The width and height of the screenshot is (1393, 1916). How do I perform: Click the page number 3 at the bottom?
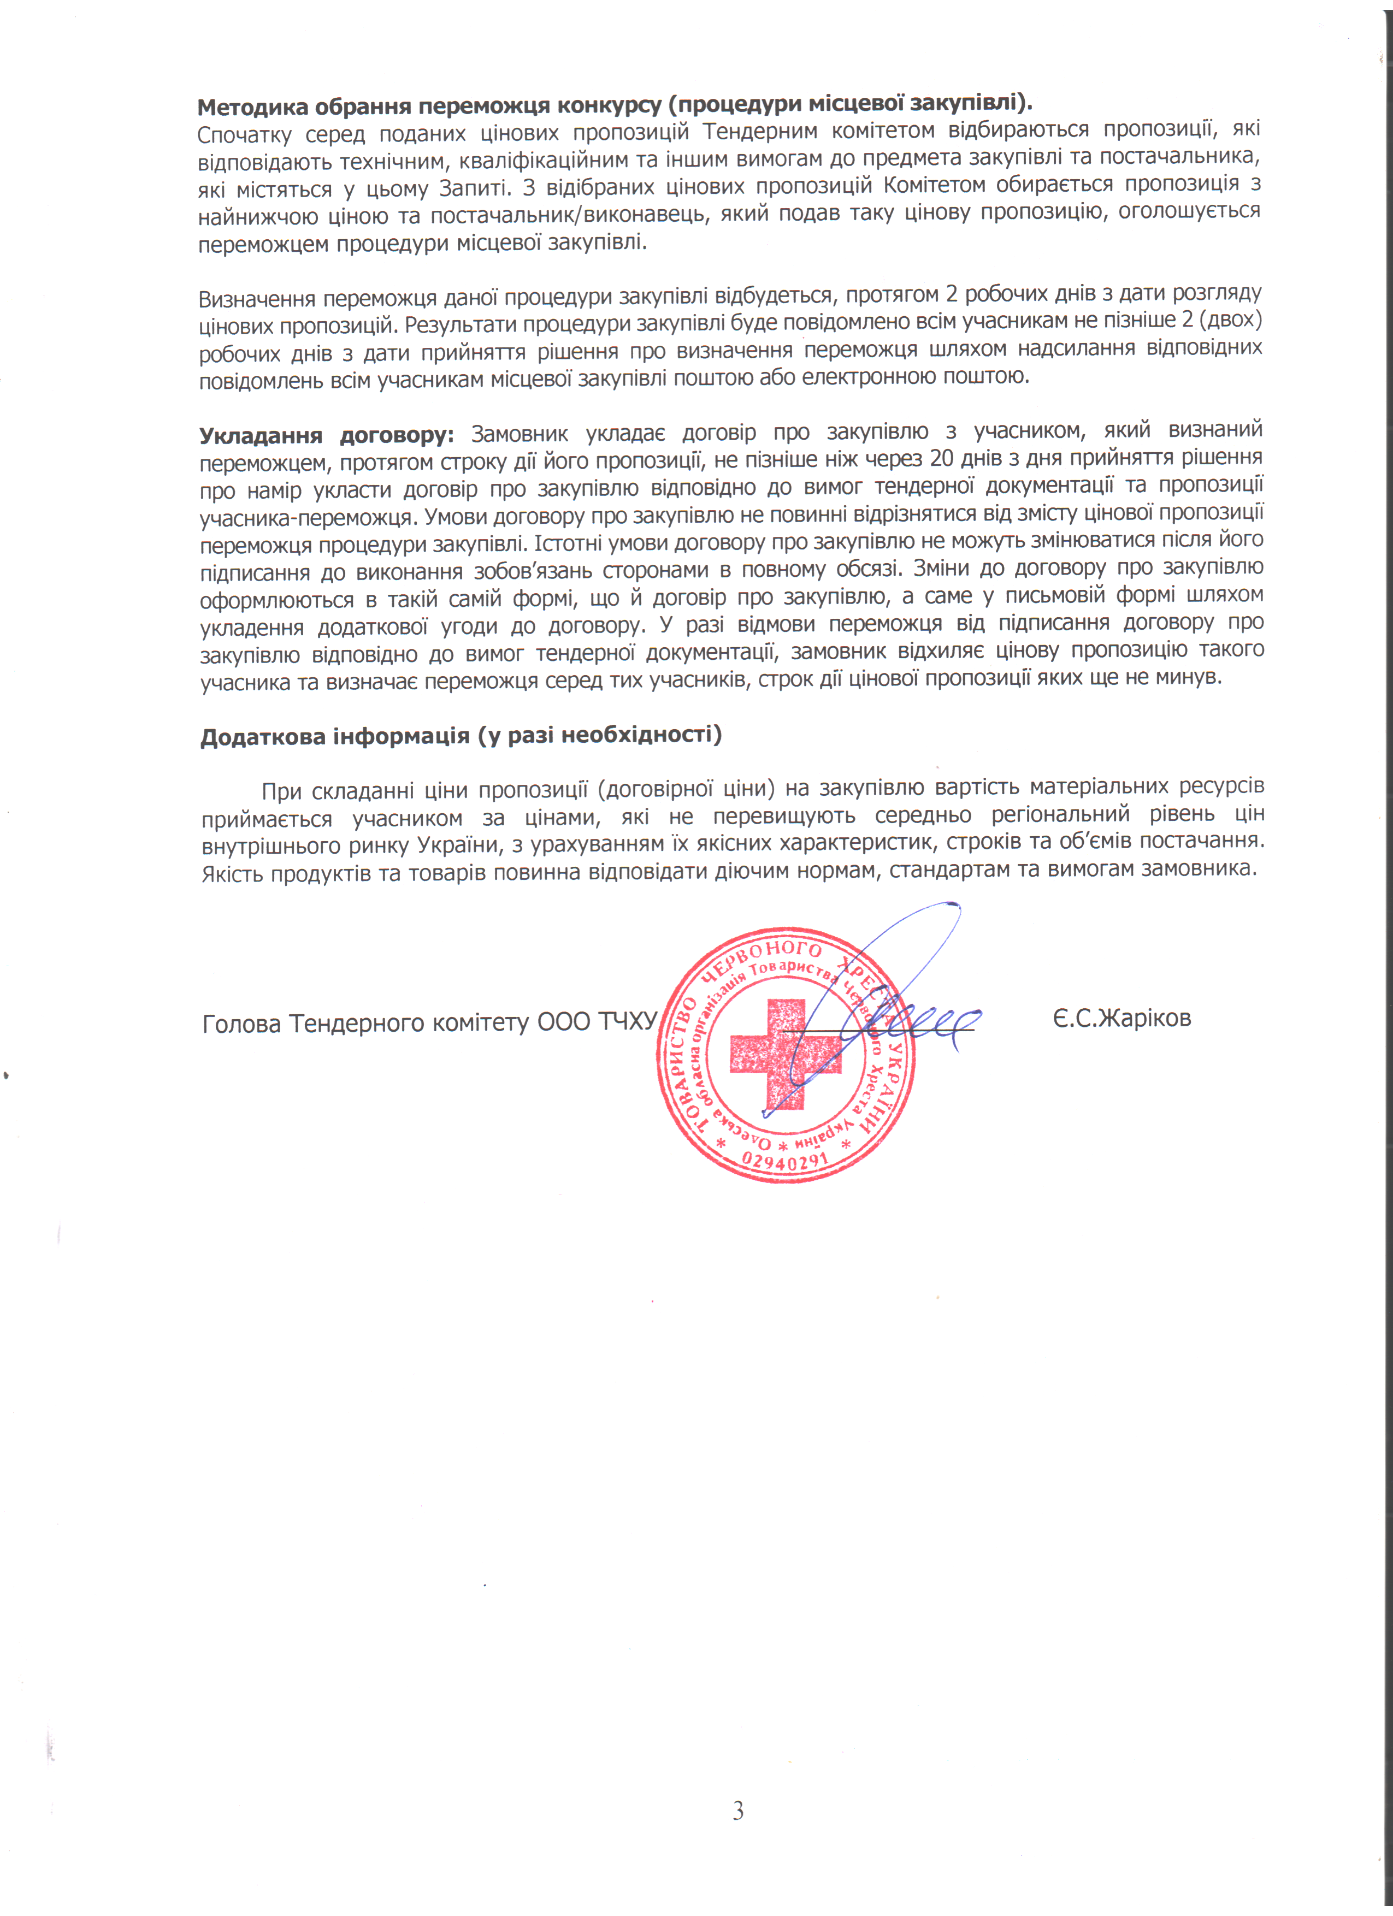tap(737, 1811)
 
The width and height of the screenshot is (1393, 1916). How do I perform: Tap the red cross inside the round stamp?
tap(786, 1054)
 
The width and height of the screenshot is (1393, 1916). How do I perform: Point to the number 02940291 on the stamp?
tap(785, 1162)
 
